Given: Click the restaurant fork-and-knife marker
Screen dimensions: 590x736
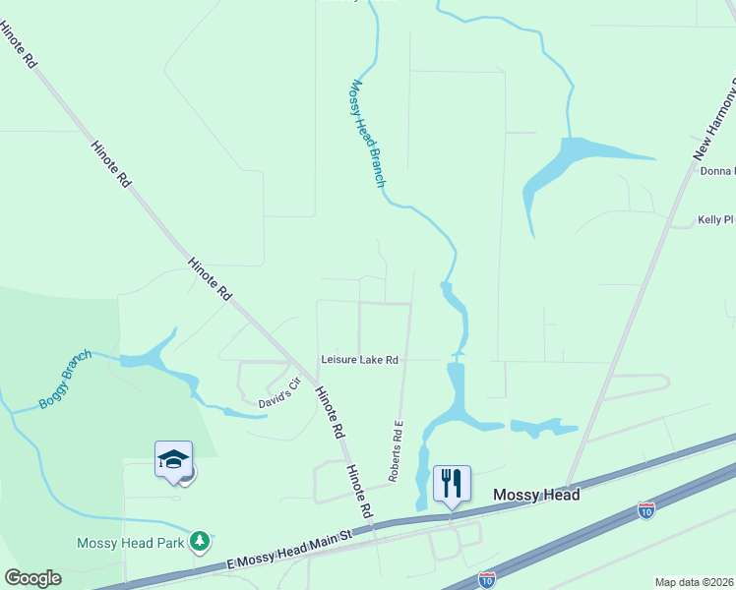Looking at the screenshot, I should click(452, 482).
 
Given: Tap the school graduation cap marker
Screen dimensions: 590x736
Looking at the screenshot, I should click(173, 459).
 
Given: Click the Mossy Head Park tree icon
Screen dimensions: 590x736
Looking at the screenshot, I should click(201, 541).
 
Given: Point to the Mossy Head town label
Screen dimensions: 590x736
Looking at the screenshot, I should click(535, 495).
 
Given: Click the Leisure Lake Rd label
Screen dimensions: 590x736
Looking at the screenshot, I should click(359, 361).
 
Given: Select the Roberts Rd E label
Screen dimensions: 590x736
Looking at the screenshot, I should click(396, 451).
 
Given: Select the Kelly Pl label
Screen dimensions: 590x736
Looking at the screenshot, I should click(715, 220).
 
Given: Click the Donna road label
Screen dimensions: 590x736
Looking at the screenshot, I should click(717, 171).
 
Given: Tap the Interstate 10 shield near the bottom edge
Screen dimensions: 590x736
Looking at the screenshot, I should click(487, 581).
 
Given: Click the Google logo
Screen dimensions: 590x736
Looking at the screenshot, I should click(32, 578).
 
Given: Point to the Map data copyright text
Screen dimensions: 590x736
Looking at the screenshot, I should click(694, 582).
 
